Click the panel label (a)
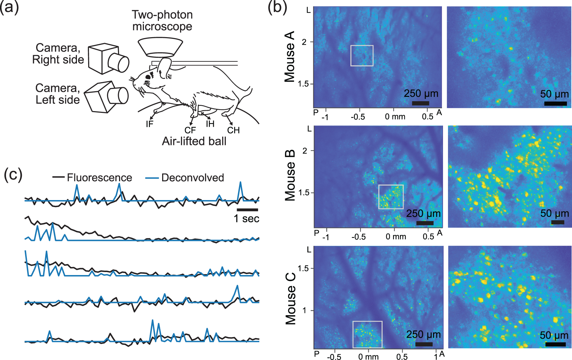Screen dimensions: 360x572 pos(9,7)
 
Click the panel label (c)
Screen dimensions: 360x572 pos(13,175)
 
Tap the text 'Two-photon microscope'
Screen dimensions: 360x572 pos(162,20)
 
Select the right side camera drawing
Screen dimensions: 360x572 pos(108,59)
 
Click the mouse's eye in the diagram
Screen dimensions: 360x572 pos(148,77)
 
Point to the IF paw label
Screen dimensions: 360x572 pos(150,124)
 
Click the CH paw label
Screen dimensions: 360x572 pos(233,130)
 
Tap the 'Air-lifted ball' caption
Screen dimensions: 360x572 pos(194,141)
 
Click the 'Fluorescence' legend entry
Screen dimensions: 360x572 pos(99,178)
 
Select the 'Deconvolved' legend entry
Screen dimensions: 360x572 pos(193,178)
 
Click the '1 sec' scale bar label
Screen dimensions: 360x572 pos(246,219)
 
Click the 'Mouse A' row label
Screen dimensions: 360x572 pos(289,56)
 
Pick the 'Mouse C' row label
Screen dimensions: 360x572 pos(290,299)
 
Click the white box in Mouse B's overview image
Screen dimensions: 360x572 pos(391,197)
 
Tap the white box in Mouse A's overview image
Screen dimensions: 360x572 pos(362,56)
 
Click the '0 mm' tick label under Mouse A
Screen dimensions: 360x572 pos(395,117)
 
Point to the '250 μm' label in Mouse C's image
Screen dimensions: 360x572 pos(423,334)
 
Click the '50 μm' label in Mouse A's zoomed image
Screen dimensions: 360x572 pos(554,94)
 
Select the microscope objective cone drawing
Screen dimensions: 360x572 pos(160,47)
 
